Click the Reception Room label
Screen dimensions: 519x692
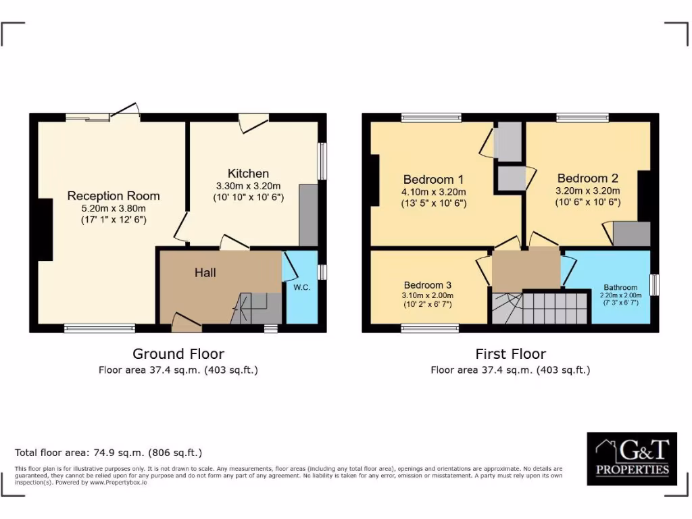point(114,196)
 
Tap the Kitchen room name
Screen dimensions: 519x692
point(248,174)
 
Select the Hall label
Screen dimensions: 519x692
point(205,272)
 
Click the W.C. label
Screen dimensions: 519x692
point(301,287)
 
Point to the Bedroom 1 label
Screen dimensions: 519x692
point(433,179)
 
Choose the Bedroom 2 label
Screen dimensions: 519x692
point(587,178)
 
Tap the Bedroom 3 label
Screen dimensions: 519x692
point(428,285)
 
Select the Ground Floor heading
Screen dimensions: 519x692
point(178,353)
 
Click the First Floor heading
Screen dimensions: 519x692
point(510,353)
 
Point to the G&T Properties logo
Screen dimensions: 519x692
point(632,459)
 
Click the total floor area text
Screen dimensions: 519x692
point(108,453)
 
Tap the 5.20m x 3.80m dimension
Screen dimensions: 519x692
point(114,209)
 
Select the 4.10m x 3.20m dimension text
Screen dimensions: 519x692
point(433,192)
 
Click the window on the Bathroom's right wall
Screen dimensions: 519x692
point(654,285)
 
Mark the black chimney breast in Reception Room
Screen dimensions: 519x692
point(45,230)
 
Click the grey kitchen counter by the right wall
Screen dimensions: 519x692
point(308,215)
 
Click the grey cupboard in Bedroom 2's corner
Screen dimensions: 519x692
point(631,234)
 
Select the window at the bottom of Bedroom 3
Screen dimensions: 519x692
point(429,328)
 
